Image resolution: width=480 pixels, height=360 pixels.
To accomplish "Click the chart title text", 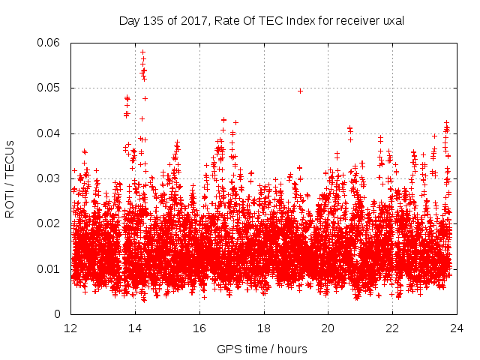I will [262, 21].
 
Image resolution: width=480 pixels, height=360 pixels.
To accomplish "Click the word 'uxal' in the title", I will [391, 21].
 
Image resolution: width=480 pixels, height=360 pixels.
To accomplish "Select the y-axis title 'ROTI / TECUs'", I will [10, 178].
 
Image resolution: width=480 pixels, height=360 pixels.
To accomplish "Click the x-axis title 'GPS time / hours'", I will [262, 349].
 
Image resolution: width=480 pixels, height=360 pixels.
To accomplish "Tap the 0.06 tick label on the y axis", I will [49, 43].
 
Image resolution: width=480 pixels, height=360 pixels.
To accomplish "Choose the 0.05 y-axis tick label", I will [49, 88].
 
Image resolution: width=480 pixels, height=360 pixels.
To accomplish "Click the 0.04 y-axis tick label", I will [49, 133].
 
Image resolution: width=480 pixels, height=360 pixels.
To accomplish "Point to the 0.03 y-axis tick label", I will [49, 178].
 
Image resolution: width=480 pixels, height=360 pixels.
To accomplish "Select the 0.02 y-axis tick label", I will [49, 223].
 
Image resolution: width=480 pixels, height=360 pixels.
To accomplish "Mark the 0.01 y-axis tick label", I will [49, 268].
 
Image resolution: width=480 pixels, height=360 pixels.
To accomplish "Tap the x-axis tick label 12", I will [71, 328].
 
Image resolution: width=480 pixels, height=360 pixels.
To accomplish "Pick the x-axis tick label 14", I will [136, 328].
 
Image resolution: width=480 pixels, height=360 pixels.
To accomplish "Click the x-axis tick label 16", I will [199, 328].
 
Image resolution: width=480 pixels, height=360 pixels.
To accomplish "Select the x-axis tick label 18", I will [264, 328].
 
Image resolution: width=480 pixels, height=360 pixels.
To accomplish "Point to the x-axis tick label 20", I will [328, 328].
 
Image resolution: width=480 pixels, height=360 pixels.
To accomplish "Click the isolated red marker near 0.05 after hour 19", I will [300, 91].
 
